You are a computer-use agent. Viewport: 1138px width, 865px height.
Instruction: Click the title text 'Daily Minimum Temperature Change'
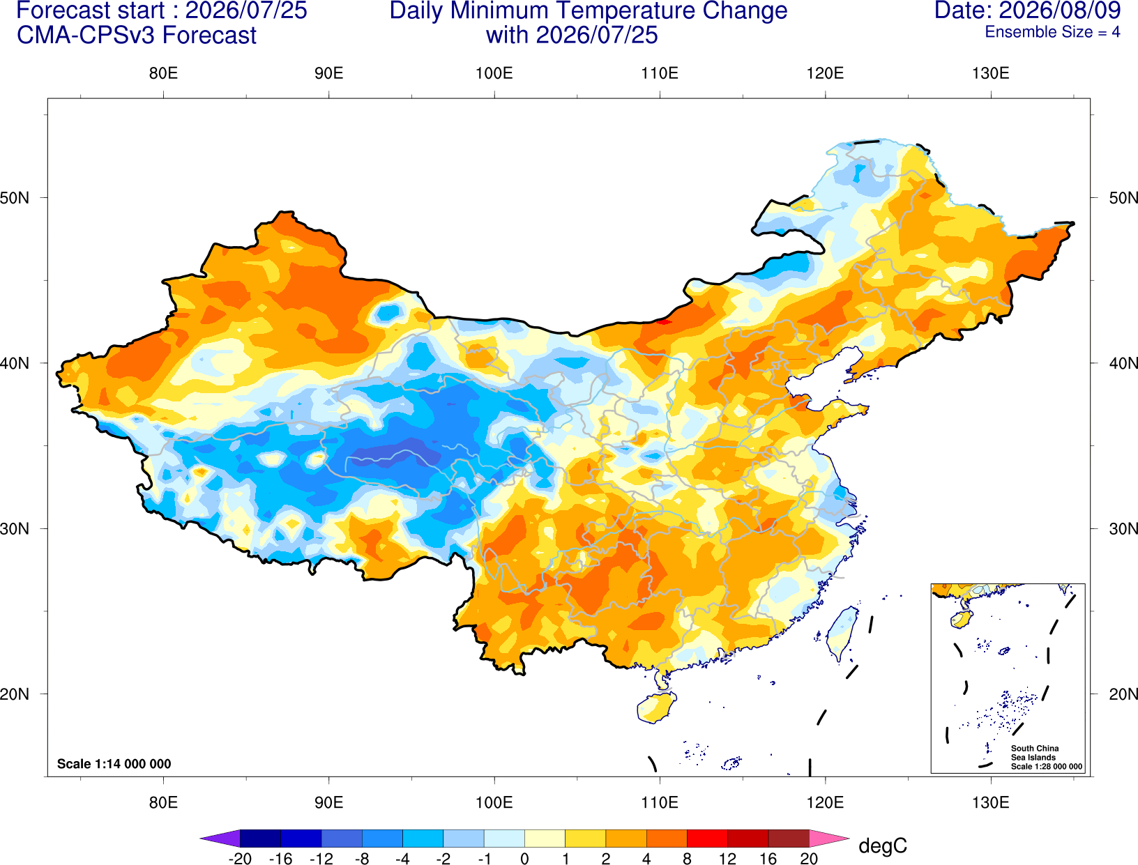point(589,11)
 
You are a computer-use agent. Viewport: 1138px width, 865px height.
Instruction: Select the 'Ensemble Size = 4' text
point(1052,32)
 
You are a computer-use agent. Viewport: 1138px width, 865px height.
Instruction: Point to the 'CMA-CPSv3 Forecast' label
point(137,36)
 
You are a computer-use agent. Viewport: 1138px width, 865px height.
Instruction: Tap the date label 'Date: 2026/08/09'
point(1028,10)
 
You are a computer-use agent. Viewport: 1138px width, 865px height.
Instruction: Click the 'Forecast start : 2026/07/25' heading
point(162,11)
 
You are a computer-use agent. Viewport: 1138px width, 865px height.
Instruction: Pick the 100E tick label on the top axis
point(494,73)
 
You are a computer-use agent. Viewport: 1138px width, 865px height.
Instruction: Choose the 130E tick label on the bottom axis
point(990,803)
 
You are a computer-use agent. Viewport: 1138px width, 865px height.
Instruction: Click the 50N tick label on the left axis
point(15,198)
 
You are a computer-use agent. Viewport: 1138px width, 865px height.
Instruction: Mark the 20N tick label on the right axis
point(1123,694)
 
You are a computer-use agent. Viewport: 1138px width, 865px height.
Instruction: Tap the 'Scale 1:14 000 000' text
point(114,764)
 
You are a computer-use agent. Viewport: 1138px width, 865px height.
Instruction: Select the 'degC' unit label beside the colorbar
point(883,845)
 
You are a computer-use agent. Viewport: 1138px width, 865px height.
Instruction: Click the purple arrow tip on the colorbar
point(201,839)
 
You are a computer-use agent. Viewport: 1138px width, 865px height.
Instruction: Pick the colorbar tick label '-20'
point(240,859)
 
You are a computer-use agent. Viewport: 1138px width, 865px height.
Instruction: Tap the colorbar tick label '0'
point(524,859)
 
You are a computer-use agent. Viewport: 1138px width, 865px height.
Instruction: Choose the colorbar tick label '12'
point(727,859)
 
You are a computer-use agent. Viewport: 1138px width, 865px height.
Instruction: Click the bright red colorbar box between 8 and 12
point(707,839)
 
